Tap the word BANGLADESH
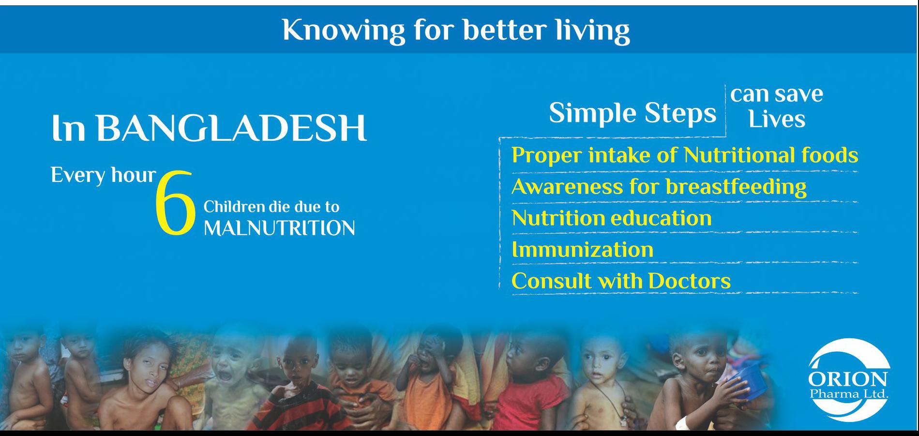231,129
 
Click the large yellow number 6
175,204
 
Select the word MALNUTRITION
279,227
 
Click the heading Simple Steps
633,114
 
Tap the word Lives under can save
777,119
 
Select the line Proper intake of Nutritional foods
685,155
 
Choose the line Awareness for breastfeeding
659,187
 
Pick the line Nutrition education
612,218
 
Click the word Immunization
583,249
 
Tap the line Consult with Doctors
621,281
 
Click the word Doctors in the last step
689,281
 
